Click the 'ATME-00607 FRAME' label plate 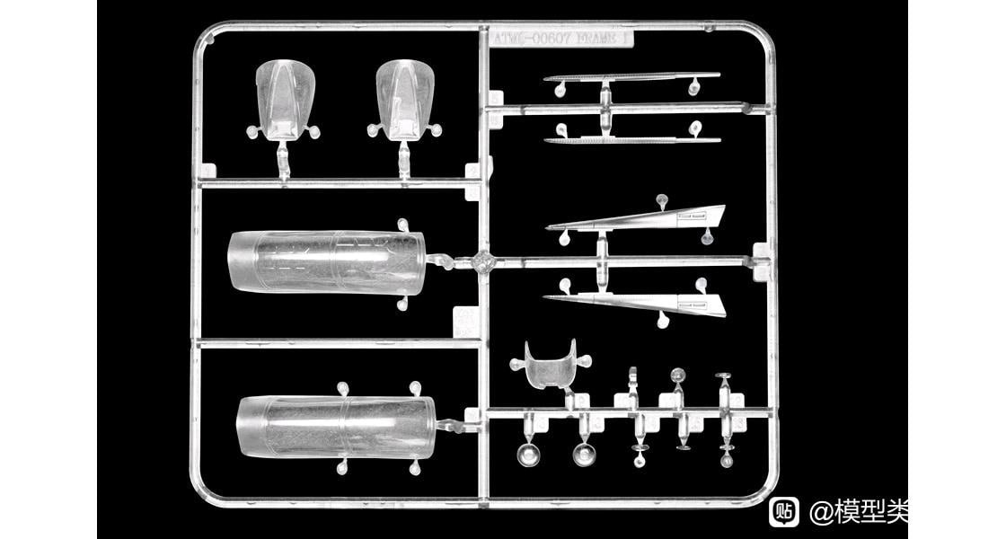tap(560, 39)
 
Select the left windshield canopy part tap(286, 97)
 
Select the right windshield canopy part tap(404, 97)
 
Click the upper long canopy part tap(325, 261)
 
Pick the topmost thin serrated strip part tap(631, 77)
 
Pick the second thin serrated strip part tap(632, 139)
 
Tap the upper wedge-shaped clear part tap(647, 218)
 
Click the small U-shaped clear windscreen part tap(549, 363)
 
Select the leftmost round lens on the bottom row tap(527, 454)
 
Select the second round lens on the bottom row tap(583, 454)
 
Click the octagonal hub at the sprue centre tap(485, 262)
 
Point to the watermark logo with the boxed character tap(784, 511)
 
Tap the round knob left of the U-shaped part tap(517, 364)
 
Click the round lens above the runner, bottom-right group tap(678, 375)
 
